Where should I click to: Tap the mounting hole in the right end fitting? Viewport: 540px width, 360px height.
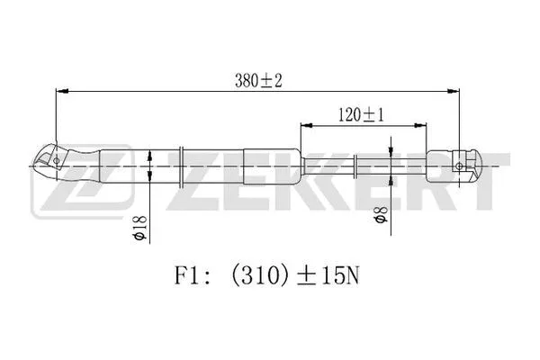461,166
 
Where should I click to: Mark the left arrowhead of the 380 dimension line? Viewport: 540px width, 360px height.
61,91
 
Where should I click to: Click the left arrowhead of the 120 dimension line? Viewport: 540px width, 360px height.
307,128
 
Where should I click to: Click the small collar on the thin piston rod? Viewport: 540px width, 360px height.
358,166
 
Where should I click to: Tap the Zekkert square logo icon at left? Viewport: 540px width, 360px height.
58,192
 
